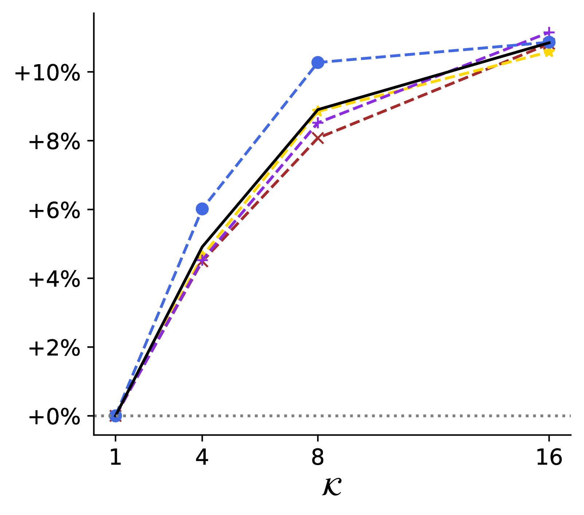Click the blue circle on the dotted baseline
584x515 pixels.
coord(115,415)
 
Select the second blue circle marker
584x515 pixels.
coord(202,209)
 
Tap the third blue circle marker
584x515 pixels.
coord(318,62)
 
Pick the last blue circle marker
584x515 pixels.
coord(549,42)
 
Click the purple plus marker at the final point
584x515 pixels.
coord(549,33)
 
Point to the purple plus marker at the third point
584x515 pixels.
coord(317,122)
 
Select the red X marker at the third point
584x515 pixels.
coord(318,138)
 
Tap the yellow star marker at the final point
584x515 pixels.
coord(549,52)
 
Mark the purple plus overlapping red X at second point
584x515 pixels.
coord(203,260)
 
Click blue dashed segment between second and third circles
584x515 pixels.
coord(260,136)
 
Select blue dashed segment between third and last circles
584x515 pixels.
coord(433,52)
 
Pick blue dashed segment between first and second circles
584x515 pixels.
coord(159,312)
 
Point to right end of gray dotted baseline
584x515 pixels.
coord(570,415)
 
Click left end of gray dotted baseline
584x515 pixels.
coord(96,415)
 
